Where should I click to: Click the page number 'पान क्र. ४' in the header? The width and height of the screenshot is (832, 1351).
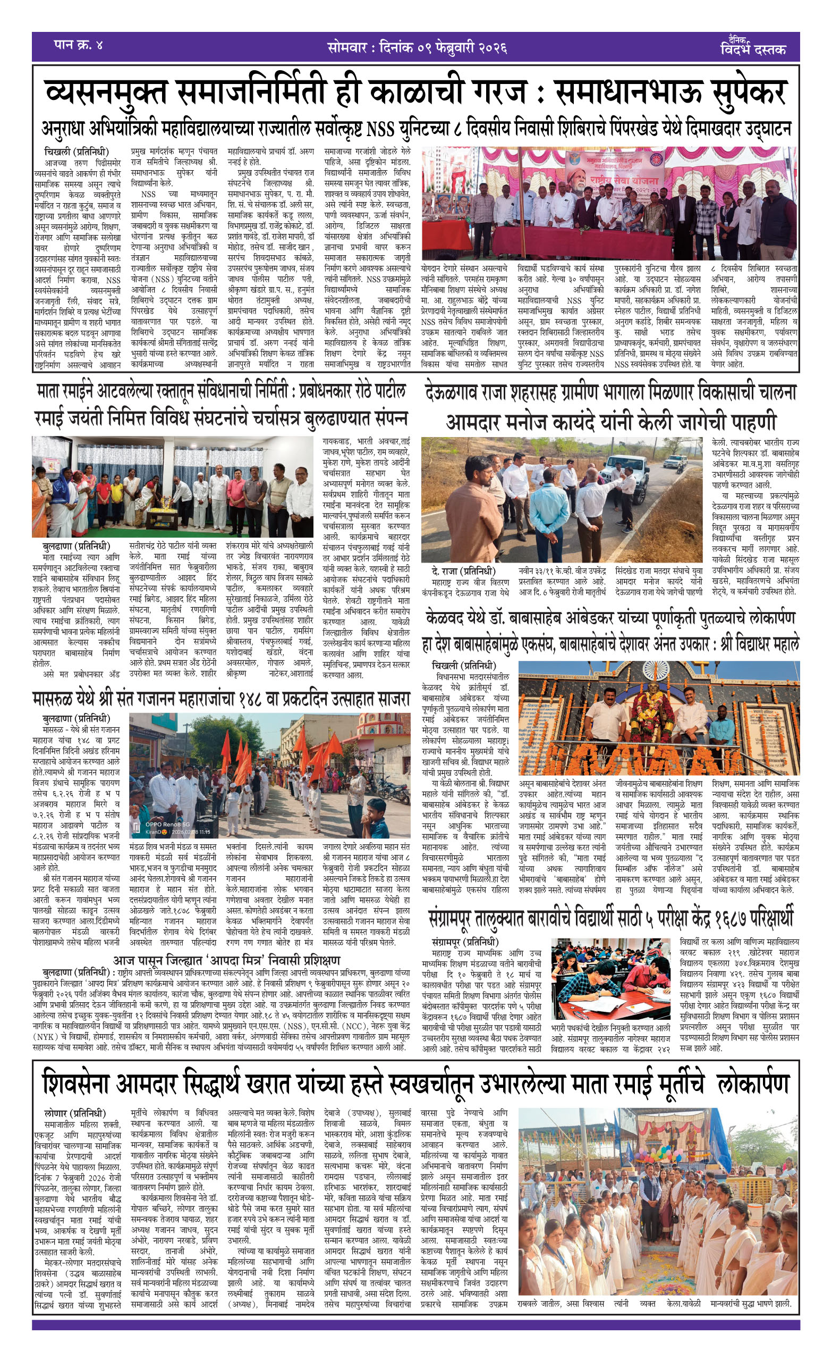(x=78, y=45)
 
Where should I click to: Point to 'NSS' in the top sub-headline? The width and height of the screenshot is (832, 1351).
(x=380, y=129)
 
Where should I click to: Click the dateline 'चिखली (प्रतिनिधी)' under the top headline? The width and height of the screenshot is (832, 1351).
(x=77, y=152)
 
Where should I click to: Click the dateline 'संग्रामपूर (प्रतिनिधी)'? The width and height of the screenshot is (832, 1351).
(x=465, y=942)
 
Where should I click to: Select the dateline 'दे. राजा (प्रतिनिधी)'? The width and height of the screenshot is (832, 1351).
(x=463, y=570)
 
